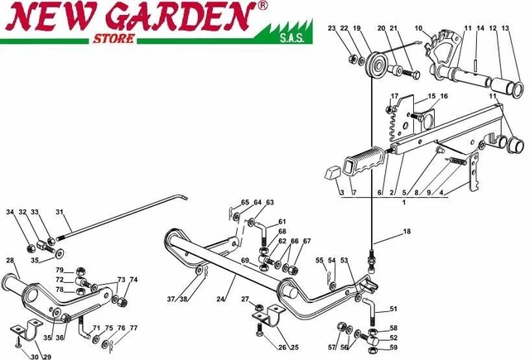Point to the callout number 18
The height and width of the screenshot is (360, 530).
coord(406,233)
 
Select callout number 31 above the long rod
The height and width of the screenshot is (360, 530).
coord(58,212)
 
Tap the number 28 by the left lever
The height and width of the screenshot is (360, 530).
coord(10,261)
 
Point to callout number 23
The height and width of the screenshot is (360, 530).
coord(331,29)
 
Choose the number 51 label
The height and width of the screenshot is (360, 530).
coord(393,309)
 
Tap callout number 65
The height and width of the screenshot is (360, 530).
coord(245,203)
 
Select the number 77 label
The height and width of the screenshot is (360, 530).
coord(133,329)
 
